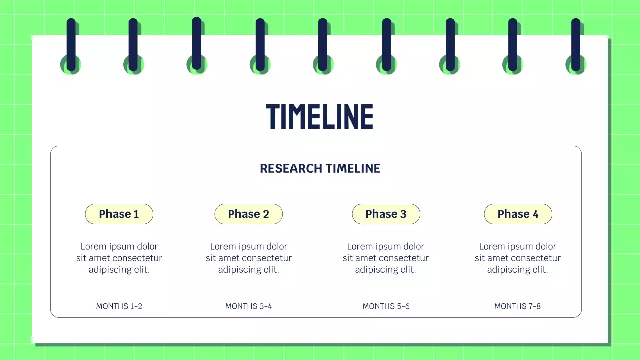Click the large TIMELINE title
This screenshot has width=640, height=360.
click(319, 117)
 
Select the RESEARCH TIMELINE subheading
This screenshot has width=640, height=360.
click(320, 169)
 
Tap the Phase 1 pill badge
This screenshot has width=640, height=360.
click(119, 214)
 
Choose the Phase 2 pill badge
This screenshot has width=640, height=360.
click(248, 214)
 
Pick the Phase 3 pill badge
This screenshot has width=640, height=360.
click(386, 214)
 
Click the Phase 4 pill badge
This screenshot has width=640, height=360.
click(518, 214)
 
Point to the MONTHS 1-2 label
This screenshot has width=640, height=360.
click(119, 306)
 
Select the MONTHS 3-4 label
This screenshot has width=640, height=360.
click(248, 306)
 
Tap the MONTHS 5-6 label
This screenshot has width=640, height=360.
click(386, 306)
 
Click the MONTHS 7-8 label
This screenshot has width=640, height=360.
click(517, 306)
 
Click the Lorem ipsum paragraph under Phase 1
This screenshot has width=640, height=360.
click(119, 258)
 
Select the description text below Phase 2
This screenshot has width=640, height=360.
click(248, 258)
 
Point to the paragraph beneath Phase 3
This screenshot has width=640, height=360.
click(386, 258)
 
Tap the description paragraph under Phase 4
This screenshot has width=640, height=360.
click(518, 258)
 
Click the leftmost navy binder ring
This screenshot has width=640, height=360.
click(71, 45)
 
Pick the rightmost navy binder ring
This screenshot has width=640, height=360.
click(576, 45)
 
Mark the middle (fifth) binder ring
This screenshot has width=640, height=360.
click(323, 45)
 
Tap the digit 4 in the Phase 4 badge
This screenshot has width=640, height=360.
click(535, 214)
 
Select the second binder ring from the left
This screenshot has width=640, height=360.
click(133, 45)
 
